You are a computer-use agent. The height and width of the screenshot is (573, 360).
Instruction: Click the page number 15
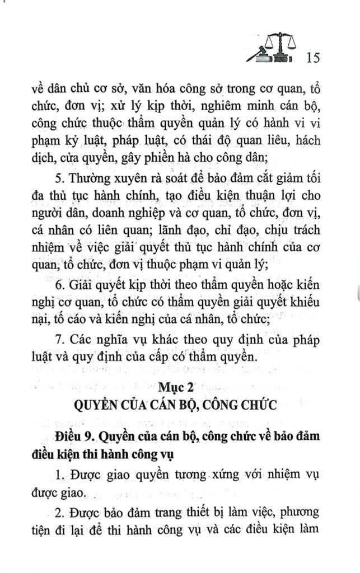[313, 57]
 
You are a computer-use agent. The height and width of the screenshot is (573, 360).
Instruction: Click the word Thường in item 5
[92, 181]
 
